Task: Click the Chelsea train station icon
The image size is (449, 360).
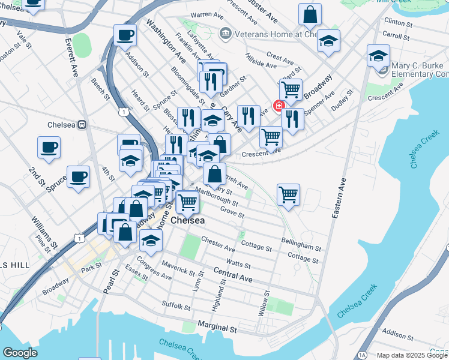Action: [83, 125]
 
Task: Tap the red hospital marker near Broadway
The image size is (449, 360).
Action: [279, 106]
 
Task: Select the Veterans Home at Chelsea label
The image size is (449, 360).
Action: [270, 34]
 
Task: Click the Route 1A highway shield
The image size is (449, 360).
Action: [361, 355]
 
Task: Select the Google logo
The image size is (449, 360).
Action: [20, 353]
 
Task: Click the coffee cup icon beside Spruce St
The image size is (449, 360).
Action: [78, 176]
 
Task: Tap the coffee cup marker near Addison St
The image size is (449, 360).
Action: [125, 35]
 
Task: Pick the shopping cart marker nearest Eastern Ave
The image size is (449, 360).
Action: [289, 194]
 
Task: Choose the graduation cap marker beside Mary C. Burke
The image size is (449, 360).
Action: [378, 56]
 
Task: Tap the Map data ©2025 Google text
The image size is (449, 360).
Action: [412, 355]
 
